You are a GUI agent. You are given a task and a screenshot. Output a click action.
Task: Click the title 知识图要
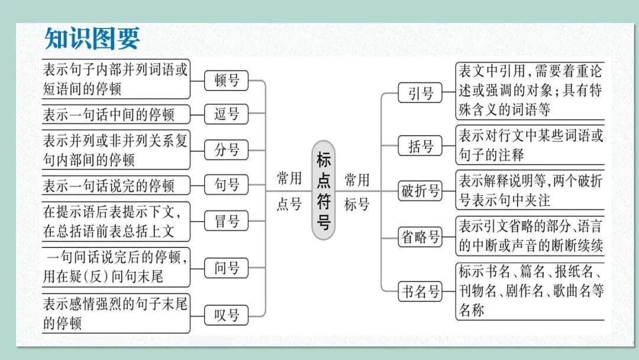[x=92, y=38]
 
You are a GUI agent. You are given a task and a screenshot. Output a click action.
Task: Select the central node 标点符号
[x=324, y=190]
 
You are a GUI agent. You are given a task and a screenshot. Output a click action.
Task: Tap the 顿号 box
[x=226, y=80]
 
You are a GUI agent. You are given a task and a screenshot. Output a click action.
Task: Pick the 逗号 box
[x=226, y=114]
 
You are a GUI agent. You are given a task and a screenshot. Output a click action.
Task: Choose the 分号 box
[x=226, y=150]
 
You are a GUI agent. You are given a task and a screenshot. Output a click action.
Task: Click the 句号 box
[x=226, y=185]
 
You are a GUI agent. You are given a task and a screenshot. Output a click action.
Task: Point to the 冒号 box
[x=226, y=222]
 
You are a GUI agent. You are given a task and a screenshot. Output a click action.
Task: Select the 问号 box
[x=226, y=269]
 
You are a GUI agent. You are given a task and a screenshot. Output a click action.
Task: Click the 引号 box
[x=421, y=93]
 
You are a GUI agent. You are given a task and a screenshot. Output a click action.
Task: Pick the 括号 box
[x=421, y=146]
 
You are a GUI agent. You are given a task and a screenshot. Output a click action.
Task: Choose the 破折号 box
[x=421, y=191]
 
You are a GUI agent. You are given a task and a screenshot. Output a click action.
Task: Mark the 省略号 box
[x=421, y=237]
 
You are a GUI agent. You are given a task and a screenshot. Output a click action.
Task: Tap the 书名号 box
[x=421, y=291]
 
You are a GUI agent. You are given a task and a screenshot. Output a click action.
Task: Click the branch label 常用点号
[x=289, y=191]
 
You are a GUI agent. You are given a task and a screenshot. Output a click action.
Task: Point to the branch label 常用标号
[x=357, y=191]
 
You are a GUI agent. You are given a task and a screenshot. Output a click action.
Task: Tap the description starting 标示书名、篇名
[x=530, y=291]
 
